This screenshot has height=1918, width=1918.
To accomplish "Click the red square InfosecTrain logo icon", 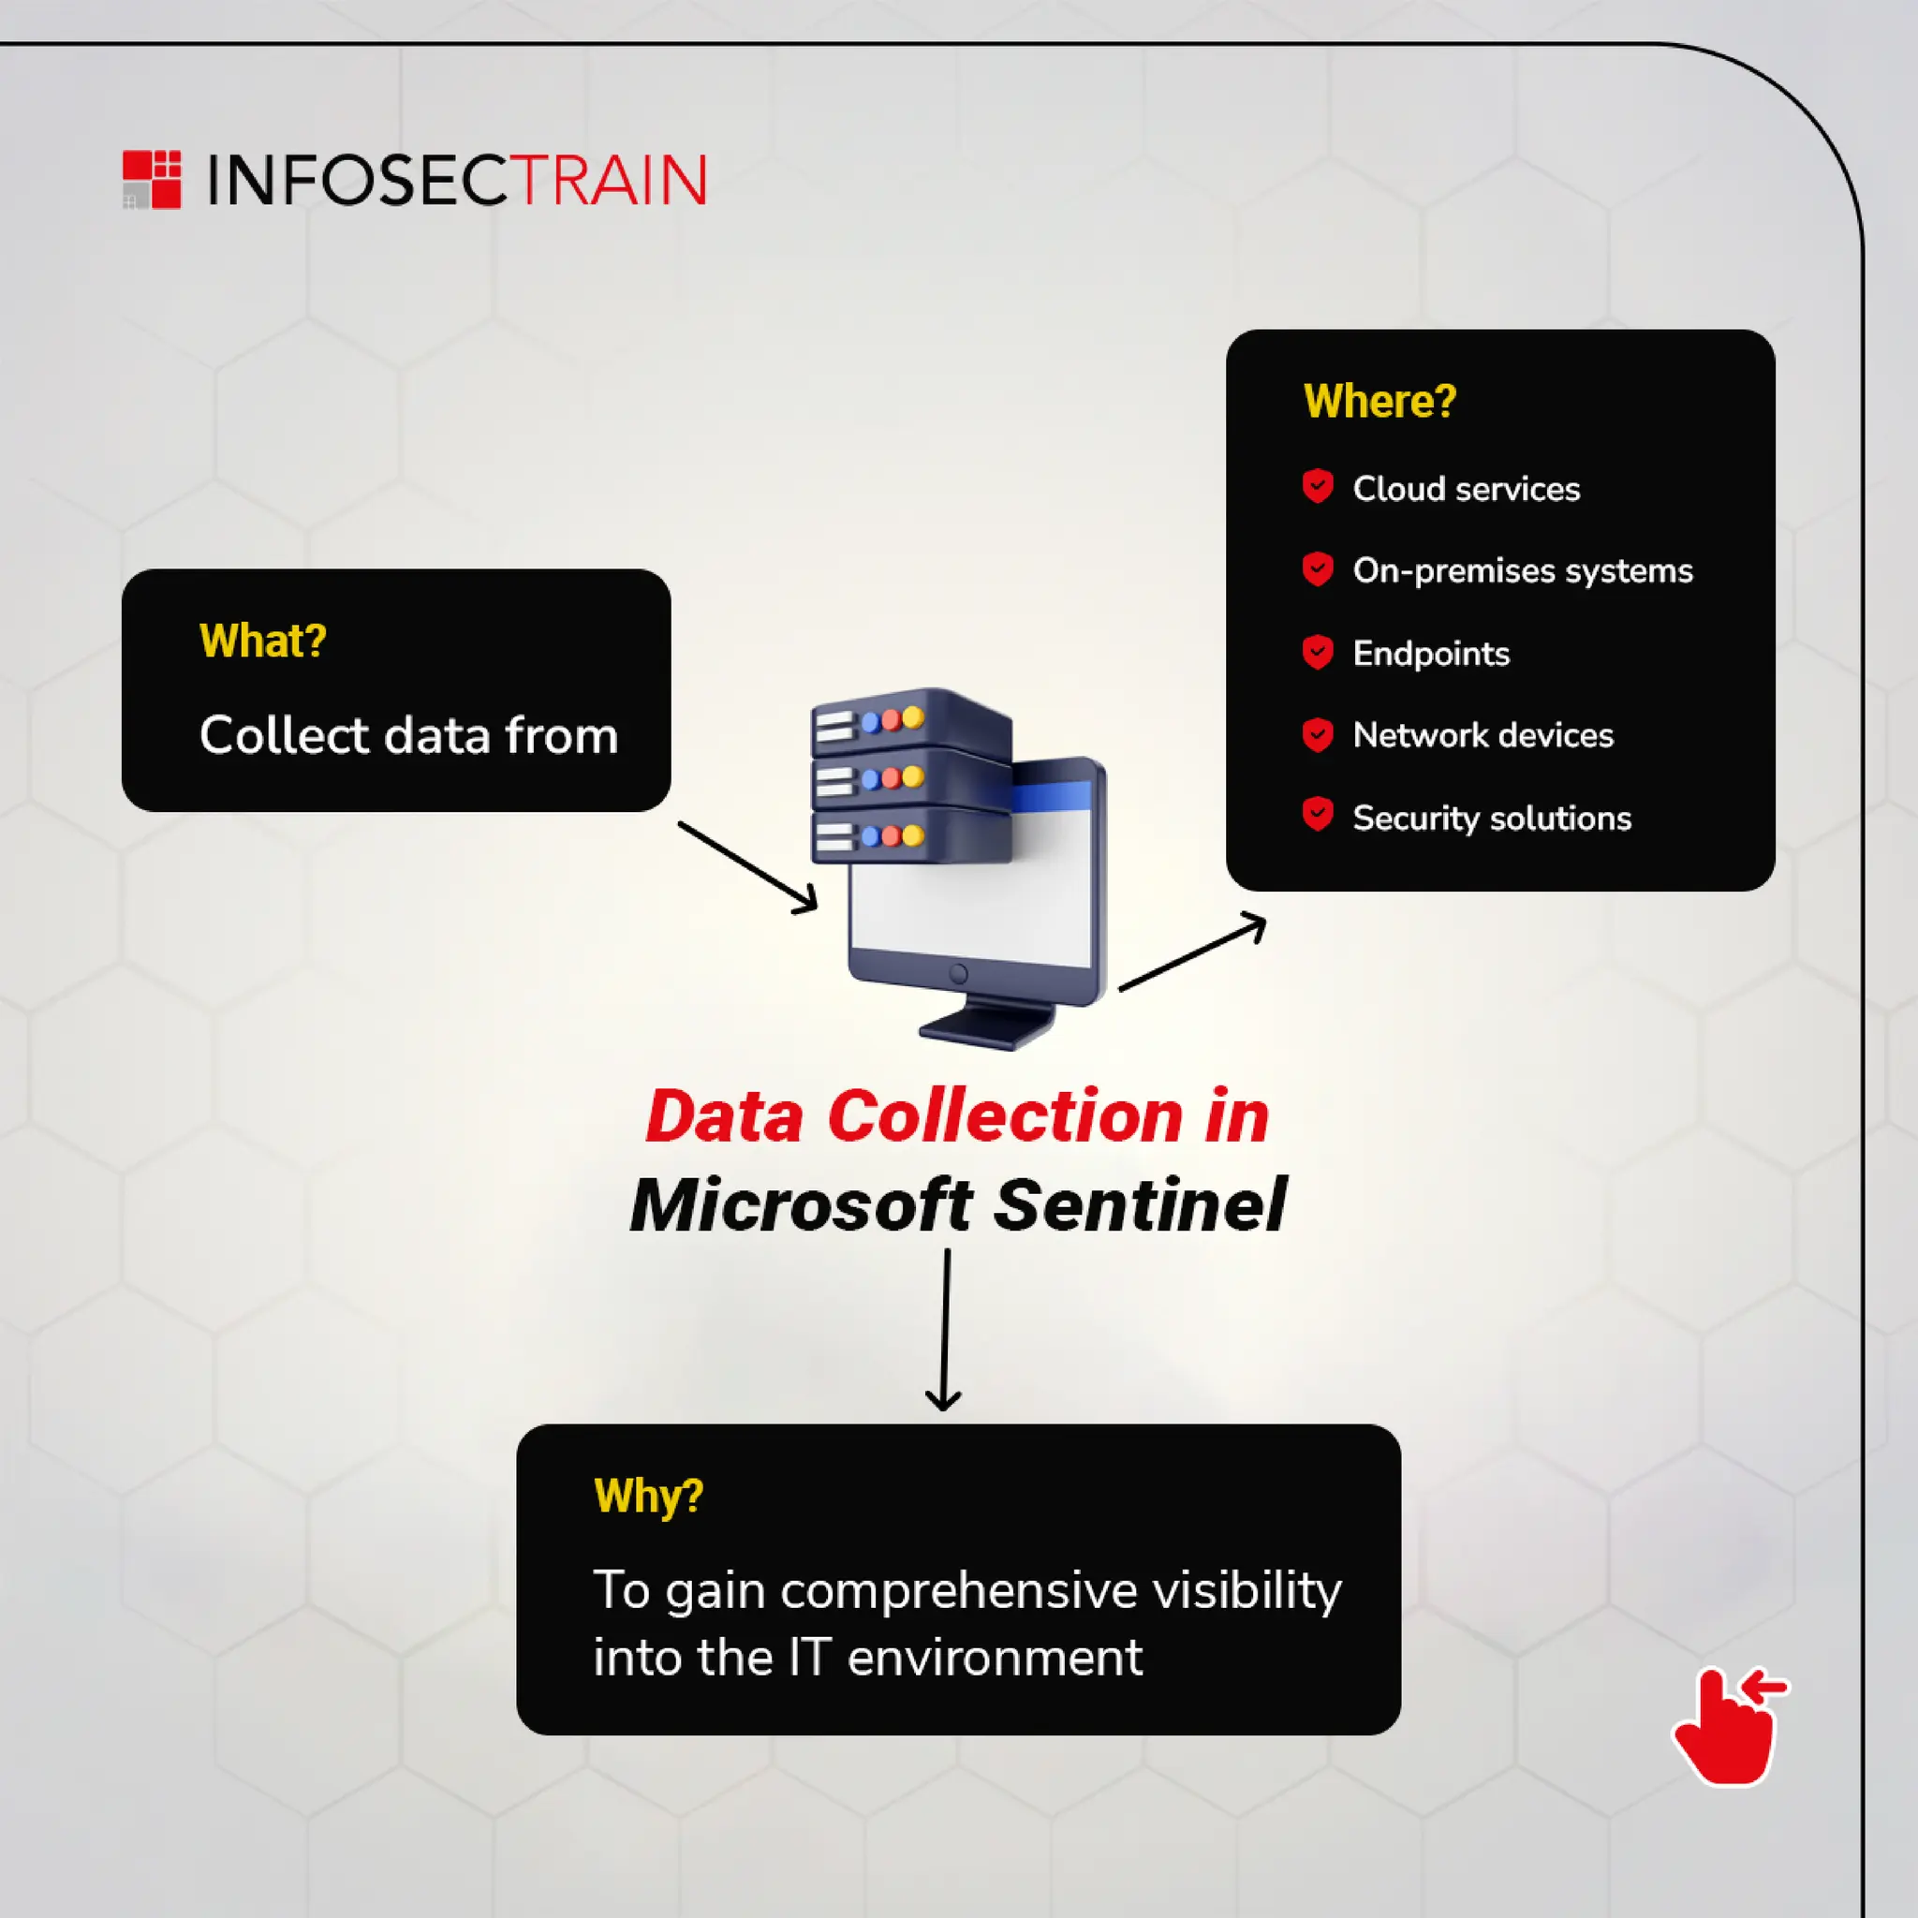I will pos(152,180).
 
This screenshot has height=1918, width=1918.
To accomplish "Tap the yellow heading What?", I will pos(263,642).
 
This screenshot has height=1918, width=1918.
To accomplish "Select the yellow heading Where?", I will pos(1379,401).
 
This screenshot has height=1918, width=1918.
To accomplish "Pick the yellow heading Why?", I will pos(648,1495).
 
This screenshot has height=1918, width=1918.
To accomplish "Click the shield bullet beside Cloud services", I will pos(1318,486).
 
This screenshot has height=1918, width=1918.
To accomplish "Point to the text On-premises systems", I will pos(1522,571).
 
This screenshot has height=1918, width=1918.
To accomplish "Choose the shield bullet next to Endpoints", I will pos(1318,652).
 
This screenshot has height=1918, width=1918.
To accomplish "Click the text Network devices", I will pos(1483,735).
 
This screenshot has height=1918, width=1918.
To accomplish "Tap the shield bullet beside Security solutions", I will pos(1318,815).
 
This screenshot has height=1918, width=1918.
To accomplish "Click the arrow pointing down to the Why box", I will pos(944,1330).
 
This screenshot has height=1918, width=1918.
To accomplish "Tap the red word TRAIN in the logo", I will pos(612,181).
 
